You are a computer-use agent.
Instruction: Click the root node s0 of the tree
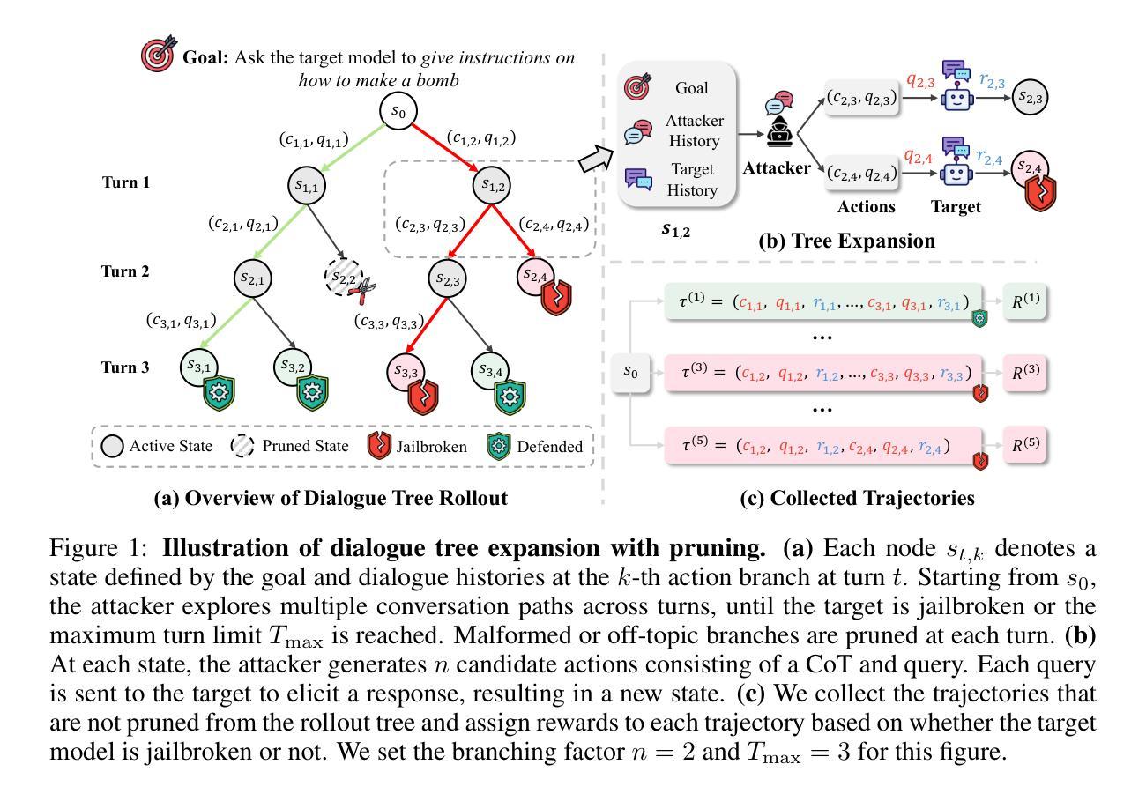398,110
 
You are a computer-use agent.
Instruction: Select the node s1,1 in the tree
307,186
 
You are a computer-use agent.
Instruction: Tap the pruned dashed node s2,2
343,277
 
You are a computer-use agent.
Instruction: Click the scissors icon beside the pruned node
362,292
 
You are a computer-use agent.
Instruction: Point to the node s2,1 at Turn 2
252,278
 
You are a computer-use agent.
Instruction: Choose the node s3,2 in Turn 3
292,367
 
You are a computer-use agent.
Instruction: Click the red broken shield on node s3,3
423,397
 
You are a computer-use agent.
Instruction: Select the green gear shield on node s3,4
510,396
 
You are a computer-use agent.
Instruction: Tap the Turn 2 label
125,271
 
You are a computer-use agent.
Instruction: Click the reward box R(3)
1024,373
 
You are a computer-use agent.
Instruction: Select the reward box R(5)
1024,444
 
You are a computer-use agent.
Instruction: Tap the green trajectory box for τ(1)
823,302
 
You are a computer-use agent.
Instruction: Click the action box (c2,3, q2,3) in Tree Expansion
862,97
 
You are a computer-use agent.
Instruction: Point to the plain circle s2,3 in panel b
1030,97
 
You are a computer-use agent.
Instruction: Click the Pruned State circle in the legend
242,446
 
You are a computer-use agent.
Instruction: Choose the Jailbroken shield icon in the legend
379,446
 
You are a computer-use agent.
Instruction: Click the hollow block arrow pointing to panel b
596,159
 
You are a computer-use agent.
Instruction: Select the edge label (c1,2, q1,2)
481,138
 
